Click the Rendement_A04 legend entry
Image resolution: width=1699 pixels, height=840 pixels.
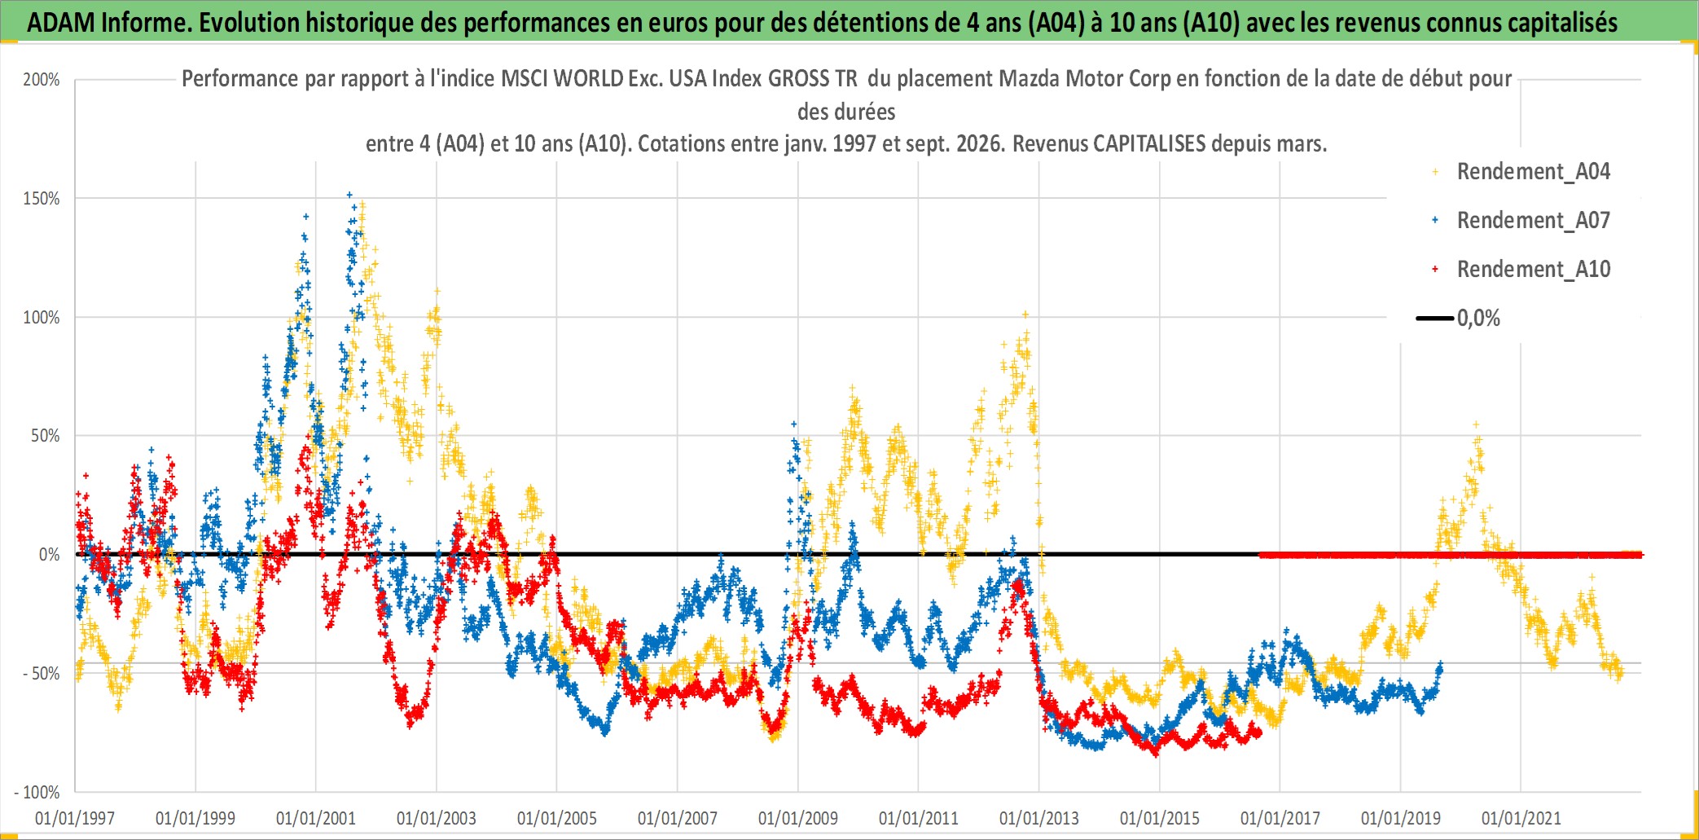[x=1521, y=172]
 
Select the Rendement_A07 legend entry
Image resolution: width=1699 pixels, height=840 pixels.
[x=1521, y=221]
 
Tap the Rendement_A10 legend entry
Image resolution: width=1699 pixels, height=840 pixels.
[x=1521, y=270]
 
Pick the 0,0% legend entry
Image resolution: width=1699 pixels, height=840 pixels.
[x=1458, y=319]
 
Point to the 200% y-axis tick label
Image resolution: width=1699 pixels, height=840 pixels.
[x=42, y=80]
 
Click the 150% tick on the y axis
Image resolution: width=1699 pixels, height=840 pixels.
[x=42, y=199]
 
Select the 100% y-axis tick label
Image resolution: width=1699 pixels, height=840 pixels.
[x=42, y=318]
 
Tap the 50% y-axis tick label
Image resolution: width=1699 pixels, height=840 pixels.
[x=46, y=436]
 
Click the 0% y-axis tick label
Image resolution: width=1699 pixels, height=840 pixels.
[x=50, y=555]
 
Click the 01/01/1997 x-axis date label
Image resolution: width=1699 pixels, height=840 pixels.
[x=75, y=818]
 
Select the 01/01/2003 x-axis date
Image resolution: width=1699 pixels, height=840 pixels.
[x=437, y=818]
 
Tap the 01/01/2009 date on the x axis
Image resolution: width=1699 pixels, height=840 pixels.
[x=798, y=818]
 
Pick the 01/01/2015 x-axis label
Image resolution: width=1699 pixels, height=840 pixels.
[x=1160, y=818]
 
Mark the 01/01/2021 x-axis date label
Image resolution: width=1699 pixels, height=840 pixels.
[x=1521, y=818]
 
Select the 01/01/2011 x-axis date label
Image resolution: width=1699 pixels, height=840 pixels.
[x=919, y=818]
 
